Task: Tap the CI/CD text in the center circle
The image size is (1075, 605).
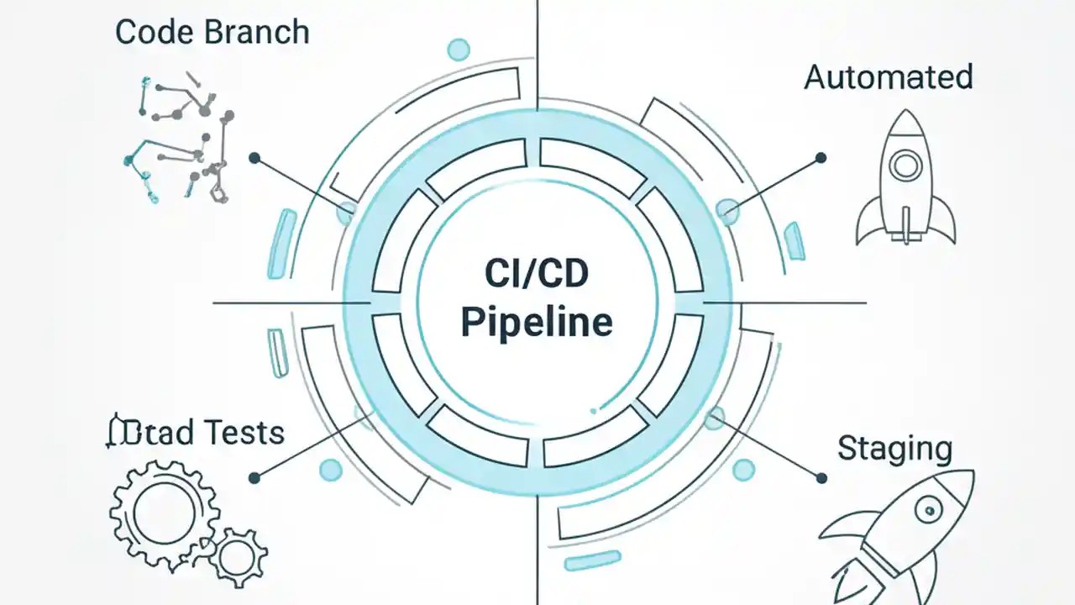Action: pos(537,273)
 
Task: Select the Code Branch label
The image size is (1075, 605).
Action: pos(212,33)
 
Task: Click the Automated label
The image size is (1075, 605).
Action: pos(889,76)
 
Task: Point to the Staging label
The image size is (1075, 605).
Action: pos(894,450)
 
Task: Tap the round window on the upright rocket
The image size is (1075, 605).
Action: pos(906,166)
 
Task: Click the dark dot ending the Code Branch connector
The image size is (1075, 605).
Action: pos(254,157)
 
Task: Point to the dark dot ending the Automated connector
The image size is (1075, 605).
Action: pos(821,157)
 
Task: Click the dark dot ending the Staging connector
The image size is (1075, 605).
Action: pos(821,477)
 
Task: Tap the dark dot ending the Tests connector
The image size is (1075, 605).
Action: pos(254,477)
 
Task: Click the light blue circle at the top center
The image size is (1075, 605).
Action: pos(459,50)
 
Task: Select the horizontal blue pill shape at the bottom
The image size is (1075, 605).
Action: pos(592,560)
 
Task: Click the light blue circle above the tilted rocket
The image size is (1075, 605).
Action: pos(743,470)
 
